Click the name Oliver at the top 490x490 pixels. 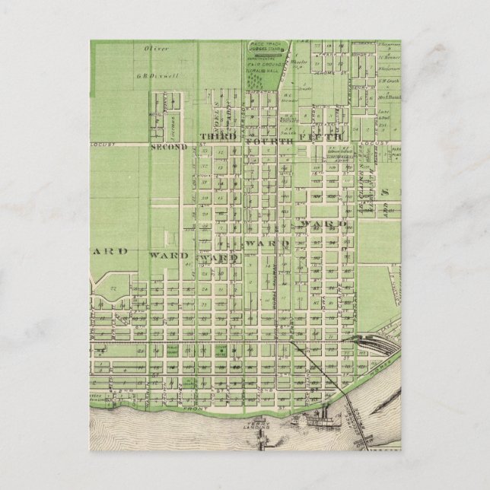[156, 49]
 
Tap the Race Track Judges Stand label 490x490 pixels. [265, 46]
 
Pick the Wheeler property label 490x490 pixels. [301, 62]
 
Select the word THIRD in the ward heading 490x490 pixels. [214, 136]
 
